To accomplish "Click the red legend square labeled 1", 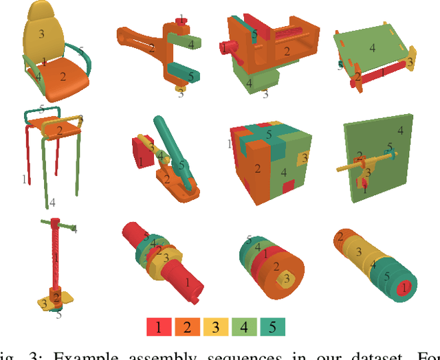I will pos(158,327).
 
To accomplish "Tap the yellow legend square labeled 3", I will pos(214,327).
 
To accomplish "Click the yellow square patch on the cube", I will pos(304,159).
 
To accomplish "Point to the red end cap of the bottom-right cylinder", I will pos(406,287).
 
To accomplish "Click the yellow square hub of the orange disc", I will pos(284,279).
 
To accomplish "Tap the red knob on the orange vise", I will pos(225,47).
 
